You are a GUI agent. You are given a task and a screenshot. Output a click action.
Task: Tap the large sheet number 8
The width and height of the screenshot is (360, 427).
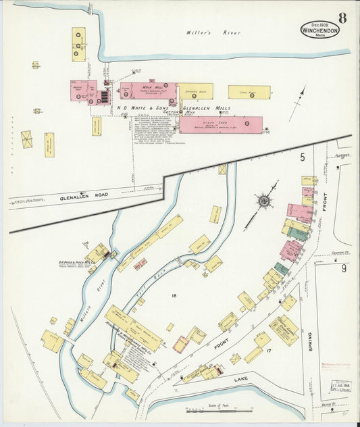click(342, 18)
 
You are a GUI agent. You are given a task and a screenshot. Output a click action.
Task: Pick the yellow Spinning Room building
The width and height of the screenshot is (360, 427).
click(195, 91)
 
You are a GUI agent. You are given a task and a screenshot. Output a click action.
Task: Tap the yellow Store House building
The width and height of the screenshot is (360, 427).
click(249, 92)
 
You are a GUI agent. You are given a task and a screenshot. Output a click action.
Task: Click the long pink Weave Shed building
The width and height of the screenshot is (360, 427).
click(220, 124)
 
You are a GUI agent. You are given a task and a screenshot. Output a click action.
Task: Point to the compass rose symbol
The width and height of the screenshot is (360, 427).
click(263, 199)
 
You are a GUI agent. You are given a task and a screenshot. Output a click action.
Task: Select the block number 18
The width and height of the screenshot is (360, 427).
click(174, 296)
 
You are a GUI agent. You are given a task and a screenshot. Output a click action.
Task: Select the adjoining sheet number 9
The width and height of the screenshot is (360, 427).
click(342, 268)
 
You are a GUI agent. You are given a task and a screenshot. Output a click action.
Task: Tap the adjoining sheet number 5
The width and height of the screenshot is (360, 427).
click(302, 156)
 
